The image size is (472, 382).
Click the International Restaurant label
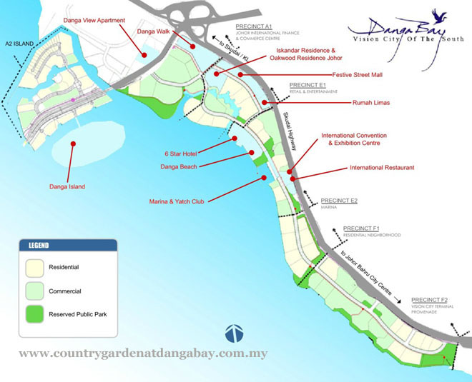pyautogui.click(x=382, y=168)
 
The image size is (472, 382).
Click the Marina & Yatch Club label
pyautogui.click(x=177, y=202)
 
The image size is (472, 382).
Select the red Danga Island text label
pyautogui.click(x=67, y=186)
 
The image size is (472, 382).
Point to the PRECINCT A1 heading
pyautogui.click(x=255, y=25)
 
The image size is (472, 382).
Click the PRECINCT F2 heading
pyautogui.click(x=429, y=299)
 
